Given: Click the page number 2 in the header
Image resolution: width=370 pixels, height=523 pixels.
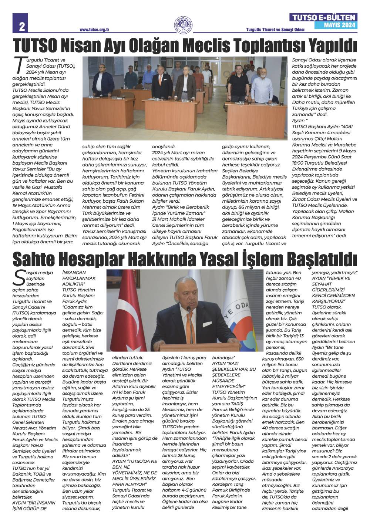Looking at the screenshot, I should (22, 26).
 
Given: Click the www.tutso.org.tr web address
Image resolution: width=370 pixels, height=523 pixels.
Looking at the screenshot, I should (96, 30).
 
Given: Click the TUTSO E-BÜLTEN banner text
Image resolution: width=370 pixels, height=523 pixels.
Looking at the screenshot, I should (324, 17).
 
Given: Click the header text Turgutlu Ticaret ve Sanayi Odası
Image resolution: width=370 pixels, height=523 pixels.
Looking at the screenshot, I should (275, 30).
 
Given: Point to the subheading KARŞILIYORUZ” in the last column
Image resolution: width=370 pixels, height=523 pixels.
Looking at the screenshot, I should (328, 301).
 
